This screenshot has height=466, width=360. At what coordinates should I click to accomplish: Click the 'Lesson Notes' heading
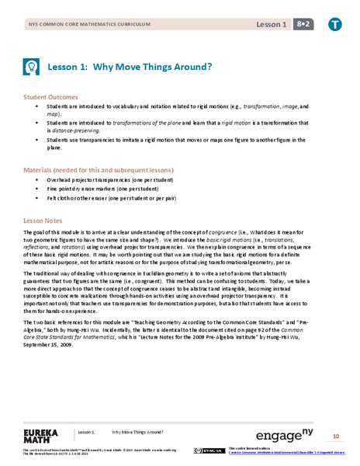(43, 221)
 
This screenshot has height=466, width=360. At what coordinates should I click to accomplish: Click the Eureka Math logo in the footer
(43, 433)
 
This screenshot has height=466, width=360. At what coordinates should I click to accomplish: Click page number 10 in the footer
(336, 436)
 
